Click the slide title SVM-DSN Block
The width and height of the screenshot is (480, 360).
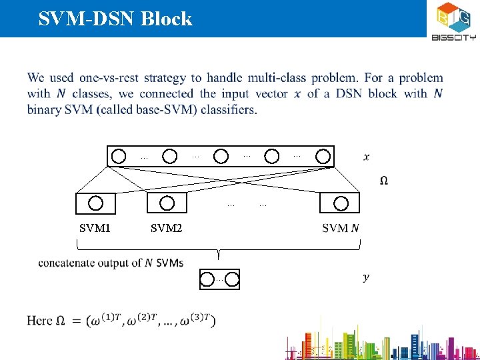[115, 19]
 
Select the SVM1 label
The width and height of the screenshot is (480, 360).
[95, 228]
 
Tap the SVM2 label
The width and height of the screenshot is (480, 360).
[166, 228]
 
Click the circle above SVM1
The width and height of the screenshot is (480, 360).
[96, 203]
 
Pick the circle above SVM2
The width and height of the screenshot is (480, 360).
[167, 203]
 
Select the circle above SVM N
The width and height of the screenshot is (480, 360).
[341, 203]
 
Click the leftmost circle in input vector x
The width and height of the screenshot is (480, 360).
[119, 157]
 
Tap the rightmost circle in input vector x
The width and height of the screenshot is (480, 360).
[323, 157]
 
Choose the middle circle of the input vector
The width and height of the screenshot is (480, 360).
[221, 157]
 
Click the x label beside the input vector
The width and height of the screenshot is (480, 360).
[367, 157]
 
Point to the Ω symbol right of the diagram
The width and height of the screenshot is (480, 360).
[385, 181]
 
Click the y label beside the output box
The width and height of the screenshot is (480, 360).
[367, 277]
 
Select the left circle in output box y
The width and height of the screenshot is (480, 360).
[208, 280]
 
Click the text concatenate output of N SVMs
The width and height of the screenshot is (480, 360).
[111, 263]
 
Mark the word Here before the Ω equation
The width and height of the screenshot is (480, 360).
[39, 321]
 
